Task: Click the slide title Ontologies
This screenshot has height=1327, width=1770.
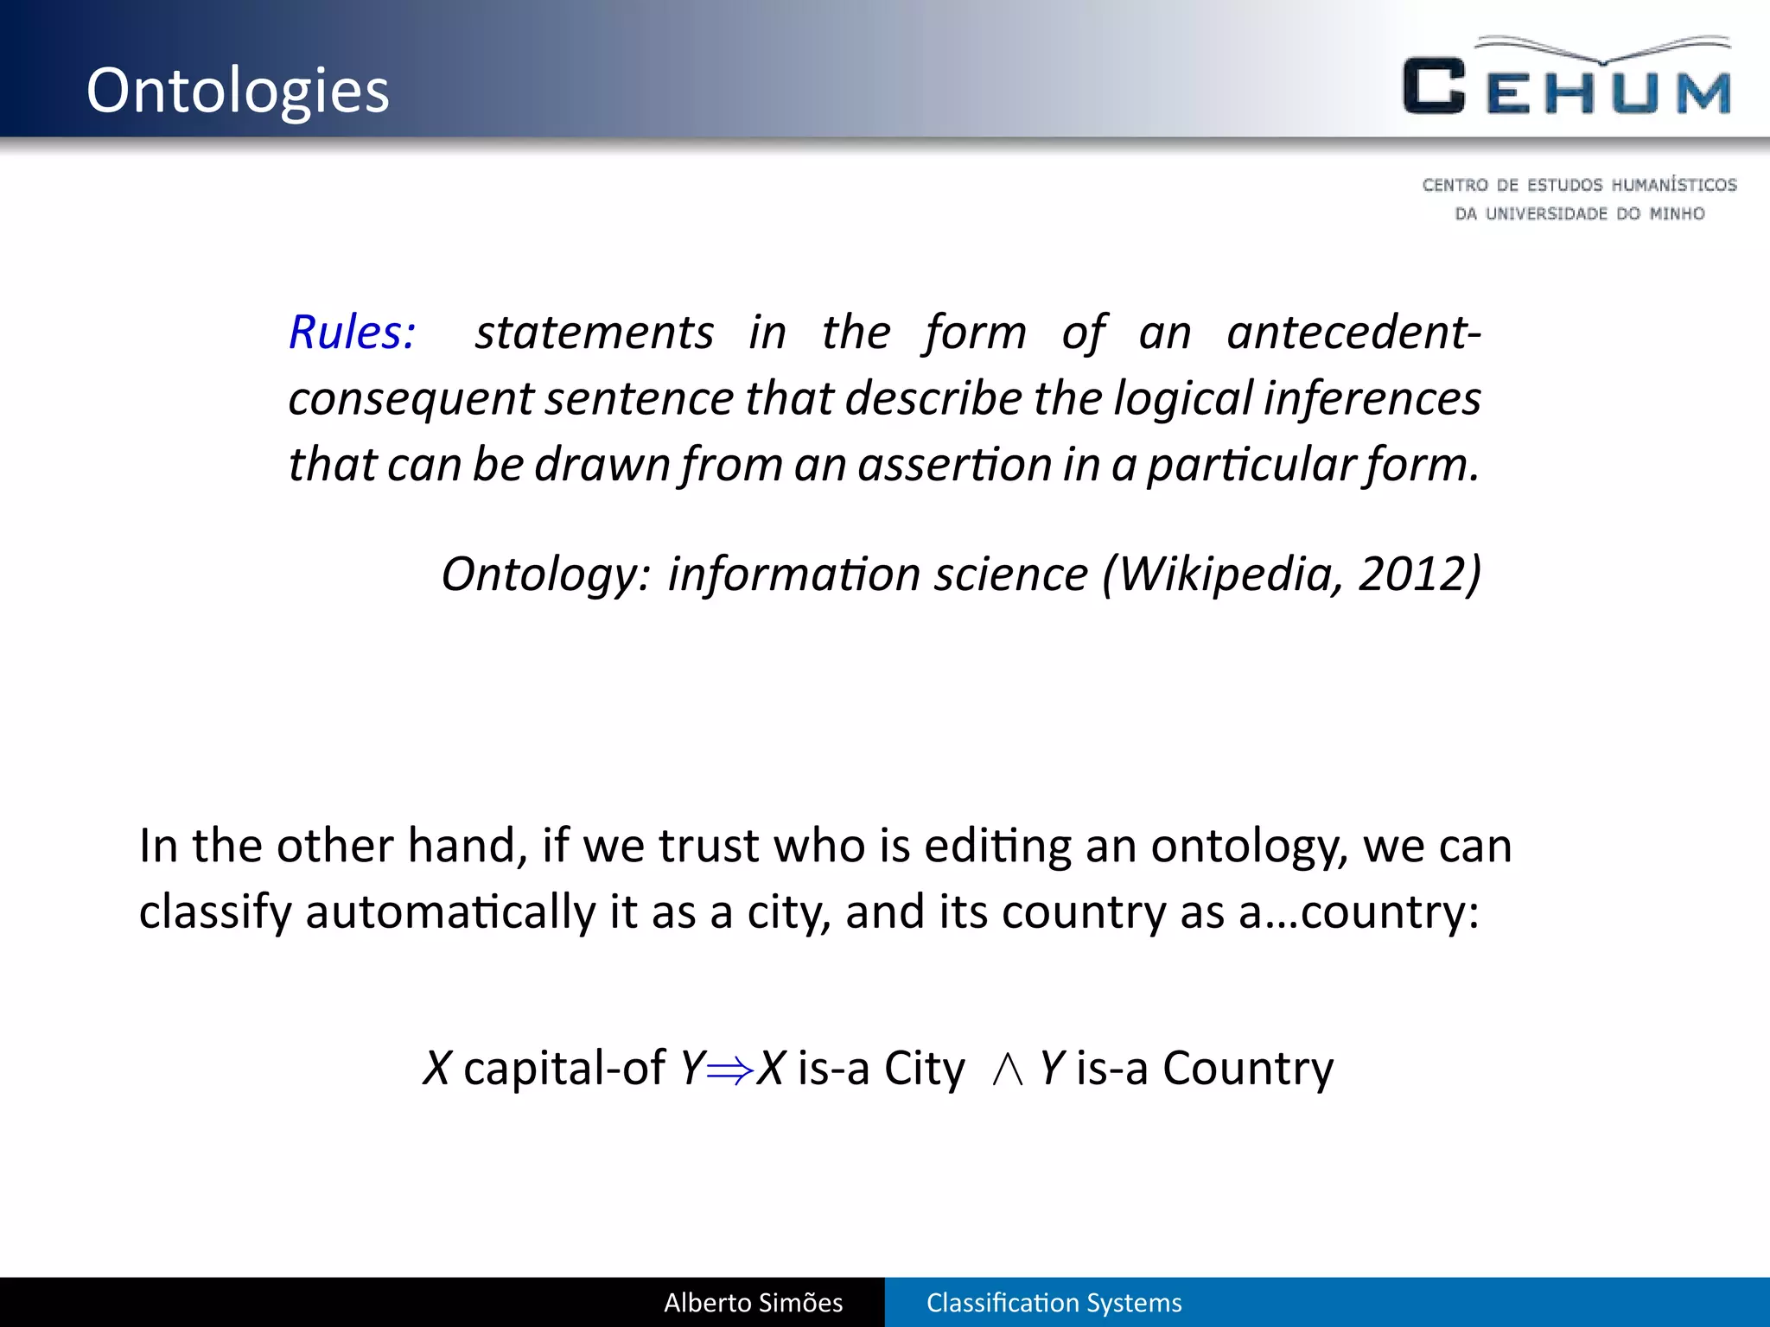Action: click(x=238, y=91)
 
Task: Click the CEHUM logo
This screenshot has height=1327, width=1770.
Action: click(x=1567, y=78)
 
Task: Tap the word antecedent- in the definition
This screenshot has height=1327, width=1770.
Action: click(x=1353, y=333)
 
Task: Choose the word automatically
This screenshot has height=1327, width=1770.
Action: click(x=450, y=912)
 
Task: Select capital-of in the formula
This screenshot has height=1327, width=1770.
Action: click(x=564, y=1069)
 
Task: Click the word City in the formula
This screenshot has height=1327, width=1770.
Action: click(x=923, y=1069)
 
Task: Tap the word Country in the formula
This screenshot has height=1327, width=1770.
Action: click(x=1247, y=1069)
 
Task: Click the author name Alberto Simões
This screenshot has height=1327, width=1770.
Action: click(x=753, y=1303)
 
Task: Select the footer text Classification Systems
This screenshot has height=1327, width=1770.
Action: click(x=1054, y=1303)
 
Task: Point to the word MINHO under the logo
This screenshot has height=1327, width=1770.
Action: click(x=1677, y=213)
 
